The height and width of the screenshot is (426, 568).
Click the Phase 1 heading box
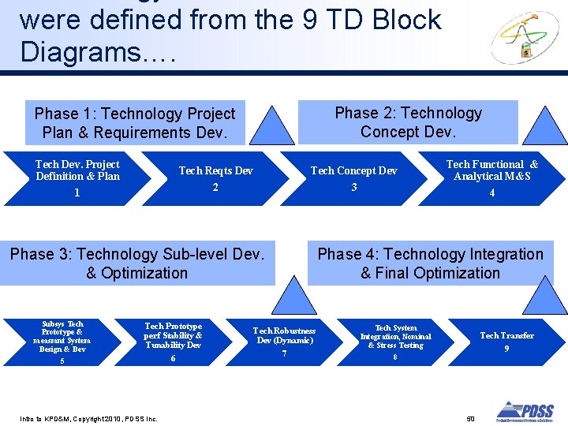(134, 123)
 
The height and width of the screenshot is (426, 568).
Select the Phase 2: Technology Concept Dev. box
(408, 122)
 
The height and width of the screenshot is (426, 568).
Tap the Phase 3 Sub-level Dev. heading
(137, 263)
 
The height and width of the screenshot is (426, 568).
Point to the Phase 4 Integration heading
(430, 263)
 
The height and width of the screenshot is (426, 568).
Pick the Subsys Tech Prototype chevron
(63, 342)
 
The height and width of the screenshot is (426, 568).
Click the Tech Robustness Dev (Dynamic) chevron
(284, 342)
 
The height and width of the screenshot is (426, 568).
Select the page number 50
(470, 417)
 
